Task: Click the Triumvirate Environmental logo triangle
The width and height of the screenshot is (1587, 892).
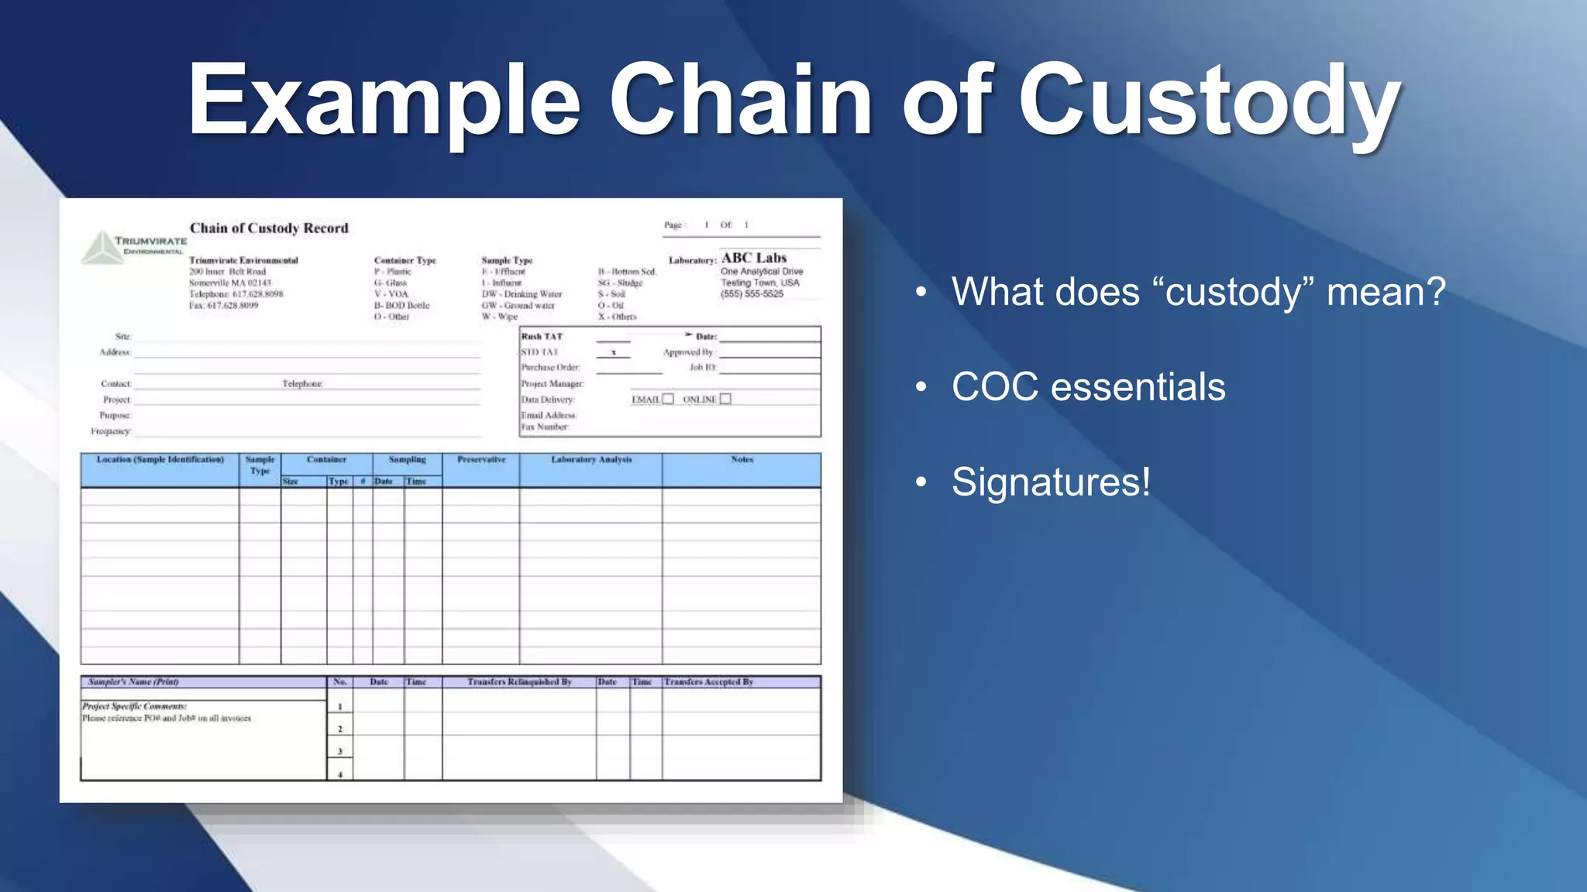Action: (x=102, y=248)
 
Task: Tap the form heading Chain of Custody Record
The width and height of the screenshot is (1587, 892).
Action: (x=269, y=228)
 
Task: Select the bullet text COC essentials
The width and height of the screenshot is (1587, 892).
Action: (x=1088, y=386)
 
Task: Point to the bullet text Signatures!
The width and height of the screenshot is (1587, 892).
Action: (x=1051, y=482)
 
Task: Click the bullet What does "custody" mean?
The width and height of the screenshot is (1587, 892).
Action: (x=1198, y=292)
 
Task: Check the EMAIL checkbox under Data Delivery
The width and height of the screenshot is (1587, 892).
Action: (x=668, y=399)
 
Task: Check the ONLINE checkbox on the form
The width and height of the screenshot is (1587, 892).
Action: (x=725, y=399)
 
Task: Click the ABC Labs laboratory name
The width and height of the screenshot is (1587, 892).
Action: (x=754, y=258)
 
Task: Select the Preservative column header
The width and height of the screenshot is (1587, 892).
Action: (x=481, y=460)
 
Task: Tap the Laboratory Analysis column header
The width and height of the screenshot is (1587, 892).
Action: (x=591, y=460)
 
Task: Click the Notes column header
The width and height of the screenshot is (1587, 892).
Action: (x=742, y=460)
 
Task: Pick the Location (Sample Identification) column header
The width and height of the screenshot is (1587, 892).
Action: (x=160, y=460)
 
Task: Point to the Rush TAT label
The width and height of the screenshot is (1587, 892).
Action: (x=542, y=337)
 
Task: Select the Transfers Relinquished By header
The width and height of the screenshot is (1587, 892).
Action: (x=519, y=682)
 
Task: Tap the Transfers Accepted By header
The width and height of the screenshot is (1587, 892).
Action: (x=708, y=682)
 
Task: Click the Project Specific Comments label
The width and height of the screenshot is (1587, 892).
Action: (x=134, y=706)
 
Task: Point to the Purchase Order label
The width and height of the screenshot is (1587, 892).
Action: (x=550, y=368)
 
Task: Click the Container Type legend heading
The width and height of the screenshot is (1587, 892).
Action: (x=404, y=261)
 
